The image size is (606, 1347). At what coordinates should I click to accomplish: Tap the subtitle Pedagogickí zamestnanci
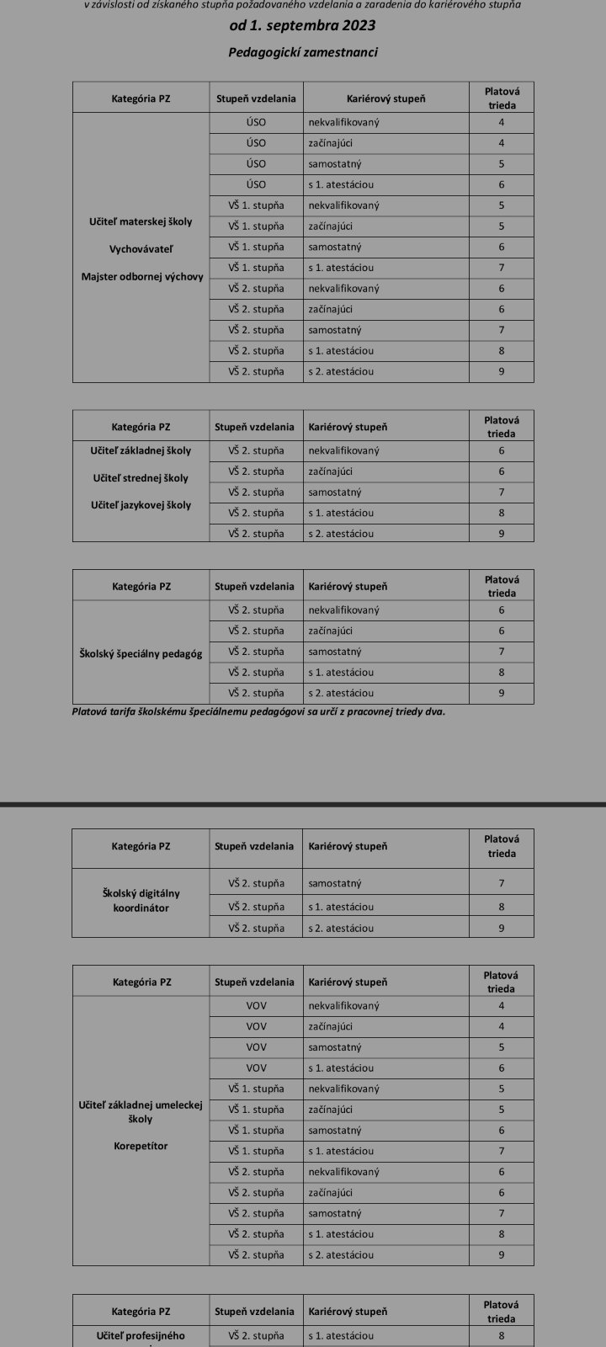pyautogui.click(x=303, y=52)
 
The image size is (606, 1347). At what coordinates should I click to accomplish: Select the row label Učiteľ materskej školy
pyautogui.click(x=141, y=222)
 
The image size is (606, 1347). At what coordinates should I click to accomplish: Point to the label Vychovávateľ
pyautogui.click(x=141, y=249)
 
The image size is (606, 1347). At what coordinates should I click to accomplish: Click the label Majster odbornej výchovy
pyautogui.click(x=141, y=276)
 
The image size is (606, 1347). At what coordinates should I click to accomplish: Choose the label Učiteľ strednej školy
pyautogui.click(x=141, y=478)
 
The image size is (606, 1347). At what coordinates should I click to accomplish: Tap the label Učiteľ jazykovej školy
pyautogui.click(x=141, y=505)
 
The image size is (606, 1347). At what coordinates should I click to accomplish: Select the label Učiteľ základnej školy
pyautogui.click(x=141, y=450)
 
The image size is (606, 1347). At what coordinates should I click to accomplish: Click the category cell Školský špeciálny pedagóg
pyautogui.click(x=141, y=652)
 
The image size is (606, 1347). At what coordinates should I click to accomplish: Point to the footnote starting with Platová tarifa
pyautogui.click(x=259, y=711)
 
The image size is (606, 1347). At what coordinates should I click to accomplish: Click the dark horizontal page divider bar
pyautogui.click(x=303, y=805)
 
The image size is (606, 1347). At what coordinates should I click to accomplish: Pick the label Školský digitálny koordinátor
pyautogui.click(x=141, y=901)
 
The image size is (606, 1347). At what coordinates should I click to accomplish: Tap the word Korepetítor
pyautogui.click(x=141, y=1146)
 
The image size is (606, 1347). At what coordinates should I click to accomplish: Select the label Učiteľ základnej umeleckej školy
pyautogui.click(x=141, y=1112)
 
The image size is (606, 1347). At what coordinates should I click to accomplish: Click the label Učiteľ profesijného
pyautogui.click(x=141, y=1335)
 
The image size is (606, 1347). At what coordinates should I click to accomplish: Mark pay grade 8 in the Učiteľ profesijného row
pyautogui.click(x=502, y=1335)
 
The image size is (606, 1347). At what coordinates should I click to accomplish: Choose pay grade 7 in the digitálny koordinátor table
pyautogui.click(x=502, y=883)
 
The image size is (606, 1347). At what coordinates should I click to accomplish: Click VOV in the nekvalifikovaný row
pyautogui.click(x=256, y=1005)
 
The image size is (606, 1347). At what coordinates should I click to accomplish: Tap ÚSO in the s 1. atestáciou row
pyautogui.click(x=256, y=184)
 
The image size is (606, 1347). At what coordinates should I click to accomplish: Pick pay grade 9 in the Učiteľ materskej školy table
pyautogui.click(x=502, y=371)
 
